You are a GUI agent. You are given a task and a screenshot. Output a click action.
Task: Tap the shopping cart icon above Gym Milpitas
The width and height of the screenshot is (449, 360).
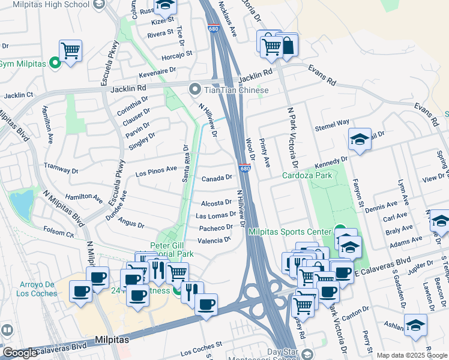70,50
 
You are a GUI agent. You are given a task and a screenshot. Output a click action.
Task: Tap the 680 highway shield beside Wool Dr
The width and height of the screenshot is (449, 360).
245,168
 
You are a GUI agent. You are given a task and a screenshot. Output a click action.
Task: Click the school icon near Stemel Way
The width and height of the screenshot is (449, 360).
360,139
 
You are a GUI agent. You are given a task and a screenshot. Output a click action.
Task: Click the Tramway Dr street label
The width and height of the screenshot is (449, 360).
62,166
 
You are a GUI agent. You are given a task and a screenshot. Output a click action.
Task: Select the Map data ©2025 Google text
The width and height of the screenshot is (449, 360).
412,355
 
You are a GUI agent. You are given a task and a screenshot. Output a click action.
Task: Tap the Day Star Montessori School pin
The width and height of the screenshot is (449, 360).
307,354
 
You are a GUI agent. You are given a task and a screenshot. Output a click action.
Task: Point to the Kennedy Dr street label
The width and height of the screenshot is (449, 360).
331,163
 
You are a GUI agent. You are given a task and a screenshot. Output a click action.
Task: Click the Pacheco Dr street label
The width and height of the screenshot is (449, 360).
216,227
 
